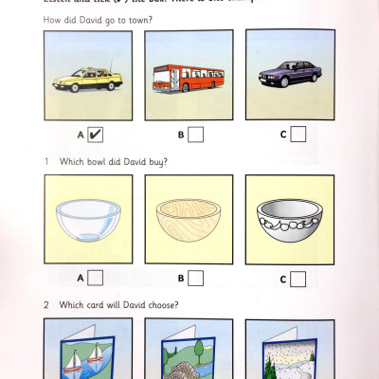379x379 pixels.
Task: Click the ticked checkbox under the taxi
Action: [96, 135]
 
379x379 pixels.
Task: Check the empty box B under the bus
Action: [195, 135]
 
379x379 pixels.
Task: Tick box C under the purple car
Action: [298, 135]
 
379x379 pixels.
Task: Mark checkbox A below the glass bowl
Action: [96, 278]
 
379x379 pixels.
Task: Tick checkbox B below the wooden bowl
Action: [195, 278]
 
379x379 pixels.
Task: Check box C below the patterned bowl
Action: [298, 279]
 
